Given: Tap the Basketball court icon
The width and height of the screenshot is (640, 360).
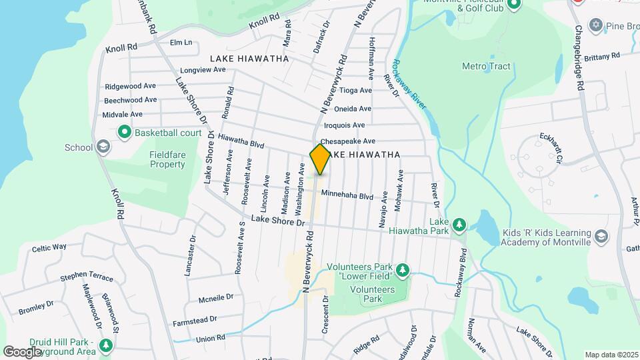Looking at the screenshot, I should click(124, 133).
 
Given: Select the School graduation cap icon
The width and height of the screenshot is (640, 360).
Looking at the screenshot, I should click(103, 147).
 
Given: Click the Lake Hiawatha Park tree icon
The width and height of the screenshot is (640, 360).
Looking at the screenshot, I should click(459, 224).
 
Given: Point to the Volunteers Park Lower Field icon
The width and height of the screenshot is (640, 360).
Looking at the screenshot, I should click(402, 270).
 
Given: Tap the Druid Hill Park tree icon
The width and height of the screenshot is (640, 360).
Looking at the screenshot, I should click(105, 345).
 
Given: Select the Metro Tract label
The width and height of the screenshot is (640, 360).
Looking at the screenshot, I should click(486, 67).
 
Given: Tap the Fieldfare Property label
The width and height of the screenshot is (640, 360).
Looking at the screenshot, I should click(158, 159).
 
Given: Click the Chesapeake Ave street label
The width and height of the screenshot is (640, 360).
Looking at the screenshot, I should click(348, 141).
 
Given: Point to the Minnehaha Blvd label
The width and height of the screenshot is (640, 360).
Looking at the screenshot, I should click(347, 195).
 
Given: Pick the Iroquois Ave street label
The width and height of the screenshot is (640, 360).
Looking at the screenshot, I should click(344, 125).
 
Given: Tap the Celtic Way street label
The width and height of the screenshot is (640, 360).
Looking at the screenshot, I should click(49, 247).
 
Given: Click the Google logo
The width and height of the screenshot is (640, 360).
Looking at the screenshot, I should click(22, 351).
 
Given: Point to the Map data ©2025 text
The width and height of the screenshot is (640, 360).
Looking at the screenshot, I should click(610, 355).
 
